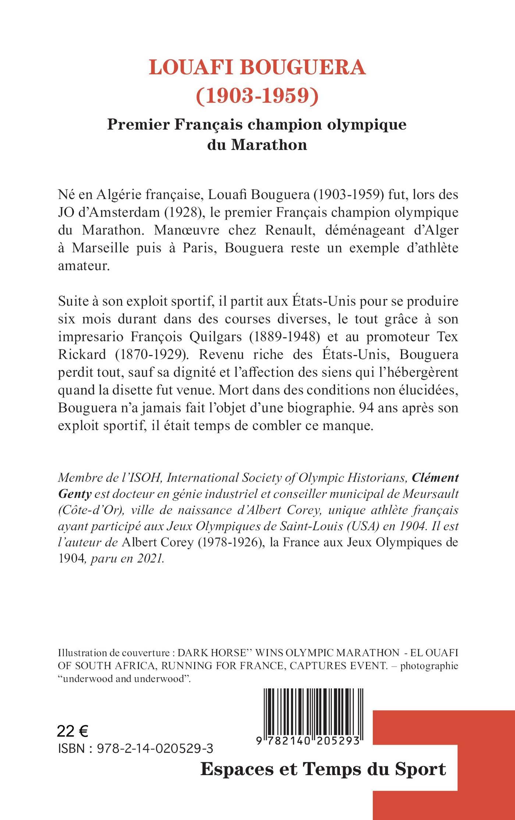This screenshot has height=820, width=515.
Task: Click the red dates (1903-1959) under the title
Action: tap(257, 96)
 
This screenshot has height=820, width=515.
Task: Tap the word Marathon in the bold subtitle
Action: tap(269, 145)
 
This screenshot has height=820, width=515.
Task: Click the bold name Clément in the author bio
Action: tap(435, 478)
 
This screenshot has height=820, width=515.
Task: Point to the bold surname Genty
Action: tap(75, 494)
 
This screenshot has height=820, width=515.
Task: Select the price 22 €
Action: tap(72, 731)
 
